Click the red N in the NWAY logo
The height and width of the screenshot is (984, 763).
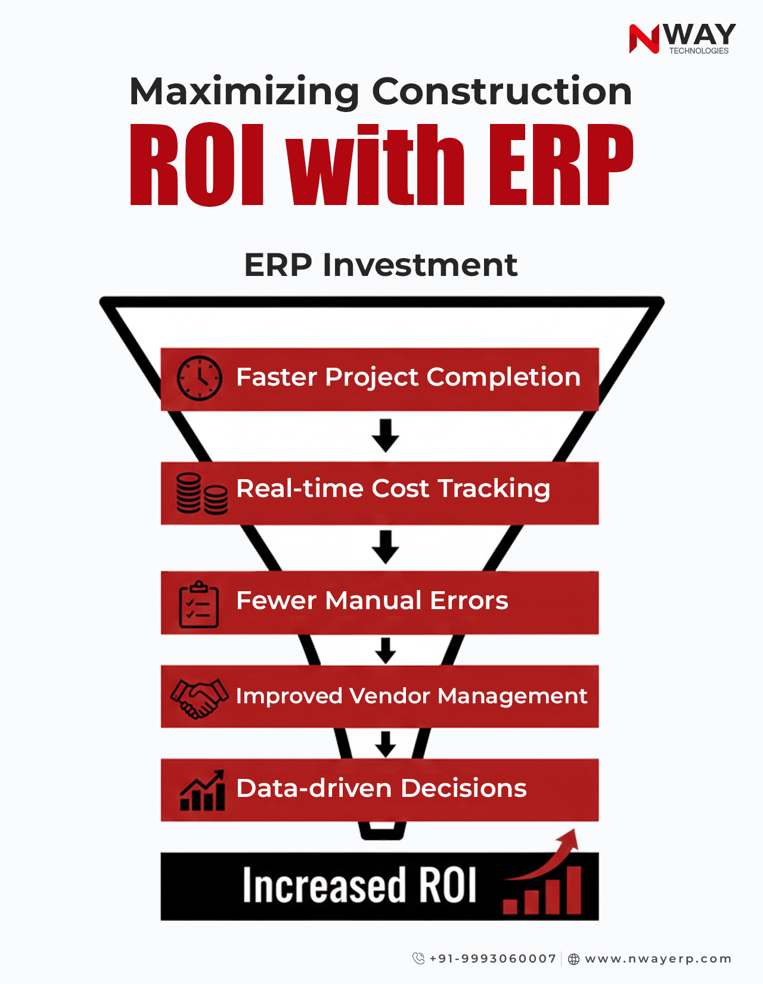(x=644, y=39)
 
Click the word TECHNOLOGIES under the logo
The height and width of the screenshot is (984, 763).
(x=699, y=51)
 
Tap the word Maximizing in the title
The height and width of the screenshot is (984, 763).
(x=244, y=92)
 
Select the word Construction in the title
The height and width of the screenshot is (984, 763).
(x=502, y=92)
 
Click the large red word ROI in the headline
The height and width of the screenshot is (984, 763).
(x=197, y=165)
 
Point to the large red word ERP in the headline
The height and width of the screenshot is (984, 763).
(x=560, y=165)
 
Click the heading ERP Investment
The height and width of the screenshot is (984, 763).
(x=381, y=265)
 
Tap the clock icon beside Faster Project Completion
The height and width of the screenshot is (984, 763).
(x=200, y=378)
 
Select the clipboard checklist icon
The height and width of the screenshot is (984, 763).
(x=199, y=604)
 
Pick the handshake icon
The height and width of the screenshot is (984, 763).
(x=199, y=697)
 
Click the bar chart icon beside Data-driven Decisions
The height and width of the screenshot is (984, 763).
(x=203, y=790)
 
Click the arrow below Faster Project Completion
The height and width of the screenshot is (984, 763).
(x=386, y=435)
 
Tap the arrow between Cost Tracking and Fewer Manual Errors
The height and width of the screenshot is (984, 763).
(x=386, y=547)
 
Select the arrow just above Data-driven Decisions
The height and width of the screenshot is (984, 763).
(x=386, y=744)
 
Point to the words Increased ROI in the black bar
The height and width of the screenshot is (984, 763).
(x=359, y=886)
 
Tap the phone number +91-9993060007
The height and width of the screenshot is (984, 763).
(x=492, y=959)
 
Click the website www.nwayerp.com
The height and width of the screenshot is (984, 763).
(x=658, y=959)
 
